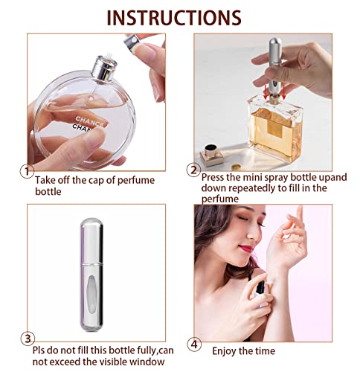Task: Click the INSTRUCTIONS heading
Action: coord(174,18)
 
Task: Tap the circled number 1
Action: coord(27,171)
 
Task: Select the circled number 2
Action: coord(193,170)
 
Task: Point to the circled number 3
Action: coord(28,339)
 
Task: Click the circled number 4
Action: coord(194,344)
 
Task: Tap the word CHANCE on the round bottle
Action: coord(89,121)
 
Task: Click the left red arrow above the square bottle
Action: coord(266,92)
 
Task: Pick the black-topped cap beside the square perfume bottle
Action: coord(213,153)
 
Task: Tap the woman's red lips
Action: coord(246,248)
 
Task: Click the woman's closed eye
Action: coord(243,218)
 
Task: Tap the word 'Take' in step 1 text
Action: coord(44,180)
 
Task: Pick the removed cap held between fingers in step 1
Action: coord(134,43)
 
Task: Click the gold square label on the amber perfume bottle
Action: coord(275,129)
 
